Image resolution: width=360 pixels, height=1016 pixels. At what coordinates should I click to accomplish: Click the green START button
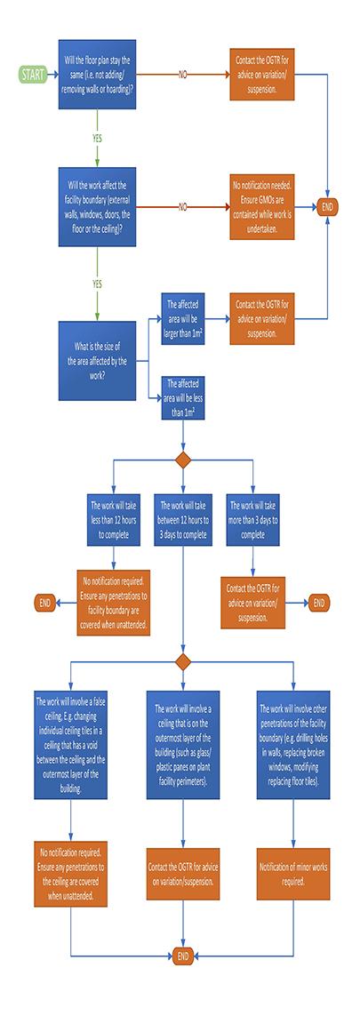[32, 75]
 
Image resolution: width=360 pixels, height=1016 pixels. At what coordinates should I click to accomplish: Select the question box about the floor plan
[97, 75]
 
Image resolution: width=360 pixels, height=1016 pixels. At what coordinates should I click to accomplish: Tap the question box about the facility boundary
[97, 207]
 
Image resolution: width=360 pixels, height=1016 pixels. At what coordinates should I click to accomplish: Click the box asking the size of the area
[97, 361]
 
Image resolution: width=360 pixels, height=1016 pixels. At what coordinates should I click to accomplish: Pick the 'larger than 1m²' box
[183, 318]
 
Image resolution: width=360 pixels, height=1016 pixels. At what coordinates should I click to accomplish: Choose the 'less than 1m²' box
[183, 397]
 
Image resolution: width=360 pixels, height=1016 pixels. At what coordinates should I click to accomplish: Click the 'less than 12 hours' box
[113, 519]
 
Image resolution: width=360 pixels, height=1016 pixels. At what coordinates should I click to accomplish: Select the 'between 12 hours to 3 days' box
[183, 519]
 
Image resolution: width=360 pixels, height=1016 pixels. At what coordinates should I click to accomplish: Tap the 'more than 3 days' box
[252, 519]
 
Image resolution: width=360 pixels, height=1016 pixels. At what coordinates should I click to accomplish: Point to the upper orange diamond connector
[183, 460]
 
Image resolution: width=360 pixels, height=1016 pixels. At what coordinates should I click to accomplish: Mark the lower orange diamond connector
[183, 662]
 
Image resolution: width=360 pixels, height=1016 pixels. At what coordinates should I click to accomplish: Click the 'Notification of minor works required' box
[293, 874]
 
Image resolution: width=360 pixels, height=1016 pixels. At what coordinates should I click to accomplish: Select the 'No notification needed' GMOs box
[262, 207]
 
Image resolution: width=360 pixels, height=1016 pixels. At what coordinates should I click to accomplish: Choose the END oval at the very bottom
[183, 956]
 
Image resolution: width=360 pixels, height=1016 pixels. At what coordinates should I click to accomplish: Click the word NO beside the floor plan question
[183, 75]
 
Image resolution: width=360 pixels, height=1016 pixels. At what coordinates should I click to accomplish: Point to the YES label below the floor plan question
[97, 138]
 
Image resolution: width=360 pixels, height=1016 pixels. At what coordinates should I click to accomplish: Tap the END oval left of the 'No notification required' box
[44, 604]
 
